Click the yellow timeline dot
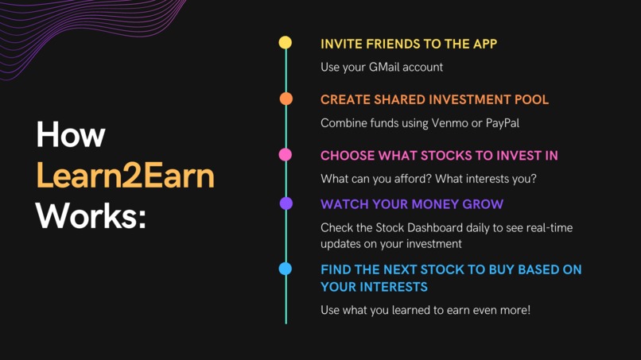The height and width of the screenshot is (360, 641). pyautogui.click(x=286, y=43)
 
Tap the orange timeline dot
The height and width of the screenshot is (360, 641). pyautogui.click(x=286, y=99)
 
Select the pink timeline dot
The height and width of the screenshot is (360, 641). pyautogui.click(x=286, y=155)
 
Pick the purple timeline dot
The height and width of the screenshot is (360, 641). pyautogui.click(x=286, y=204)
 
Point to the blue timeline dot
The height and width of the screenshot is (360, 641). pyautogui.click(x=286, y=269)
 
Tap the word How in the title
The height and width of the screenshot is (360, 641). pyautogui.click(x=70, y=135)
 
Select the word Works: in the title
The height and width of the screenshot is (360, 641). pyautogui.click(x=91, y=215)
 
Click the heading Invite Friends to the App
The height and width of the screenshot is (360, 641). pyautogui.click(x=409, y=44)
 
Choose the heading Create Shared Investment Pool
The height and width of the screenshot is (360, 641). pyautogui.click(x=434, y=100)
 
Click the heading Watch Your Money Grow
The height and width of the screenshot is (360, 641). pyautogui.click(x=411, y=205)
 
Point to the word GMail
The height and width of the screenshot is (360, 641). pyautogui.click(x=386, y=68)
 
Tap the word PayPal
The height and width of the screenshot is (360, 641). pyautogui.click(x=503, y=123)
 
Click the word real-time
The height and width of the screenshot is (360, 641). pyautogui.click(x=546, y=228)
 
